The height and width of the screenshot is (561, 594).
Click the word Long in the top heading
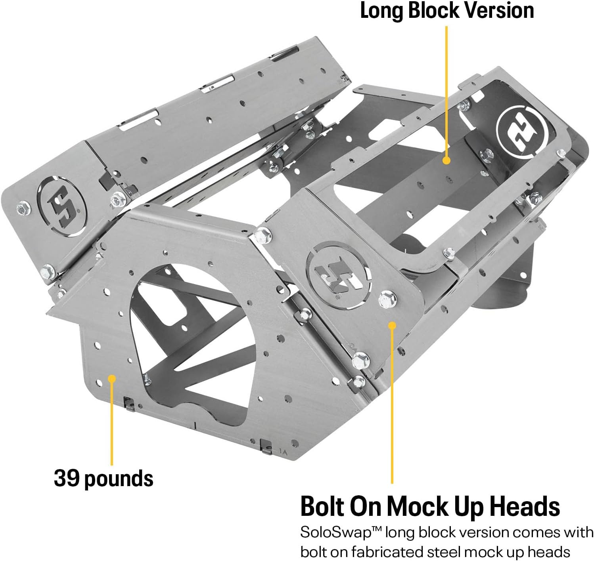click(381, 11)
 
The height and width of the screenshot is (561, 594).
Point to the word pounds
click(119, 479)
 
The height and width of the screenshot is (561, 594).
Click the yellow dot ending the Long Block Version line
click(446, 160)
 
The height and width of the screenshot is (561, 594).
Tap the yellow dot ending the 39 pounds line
click(112, 378)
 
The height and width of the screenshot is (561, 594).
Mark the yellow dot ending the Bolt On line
click(392, 325)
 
